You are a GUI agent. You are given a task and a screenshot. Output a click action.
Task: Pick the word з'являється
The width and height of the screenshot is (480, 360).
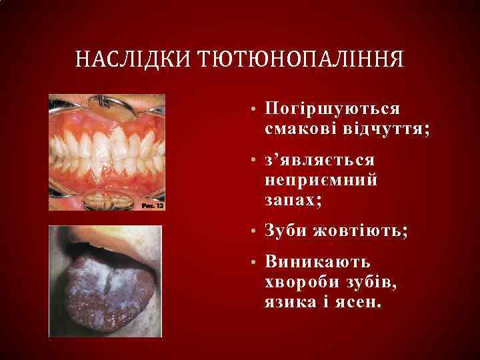tap(319, 161)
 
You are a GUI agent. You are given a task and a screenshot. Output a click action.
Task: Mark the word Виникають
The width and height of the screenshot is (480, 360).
tap(317, 263)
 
